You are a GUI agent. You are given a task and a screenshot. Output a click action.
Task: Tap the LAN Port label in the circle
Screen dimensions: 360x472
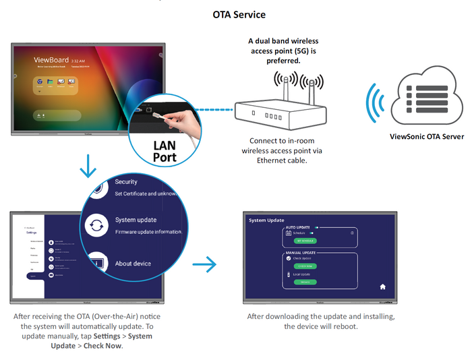(165, 152)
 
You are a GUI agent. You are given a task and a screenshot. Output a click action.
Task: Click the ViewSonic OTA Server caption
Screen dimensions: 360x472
(427, 136)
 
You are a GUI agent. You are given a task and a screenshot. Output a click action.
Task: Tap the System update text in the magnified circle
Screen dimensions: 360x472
(136, 220)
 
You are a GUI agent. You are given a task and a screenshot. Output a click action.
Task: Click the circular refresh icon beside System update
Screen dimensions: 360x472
(97, 225)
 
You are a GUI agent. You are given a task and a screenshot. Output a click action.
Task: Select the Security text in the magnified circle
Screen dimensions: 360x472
(126, 182)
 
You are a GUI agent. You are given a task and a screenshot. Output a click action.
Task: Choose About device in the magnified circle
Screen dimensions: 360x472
(133, 264)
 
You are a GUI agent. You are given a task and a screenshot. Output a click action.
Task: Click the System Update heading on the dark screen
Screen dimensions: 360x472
(266, 220)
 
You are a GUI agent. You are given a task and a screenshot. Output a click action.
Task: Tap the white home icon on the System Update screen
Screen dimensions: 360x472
(382, 287)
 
